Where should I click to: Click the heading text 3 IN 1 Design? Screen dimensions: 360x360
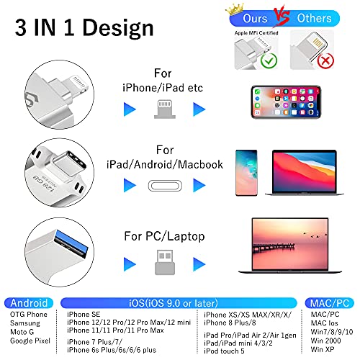click(x=81, y=29)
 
